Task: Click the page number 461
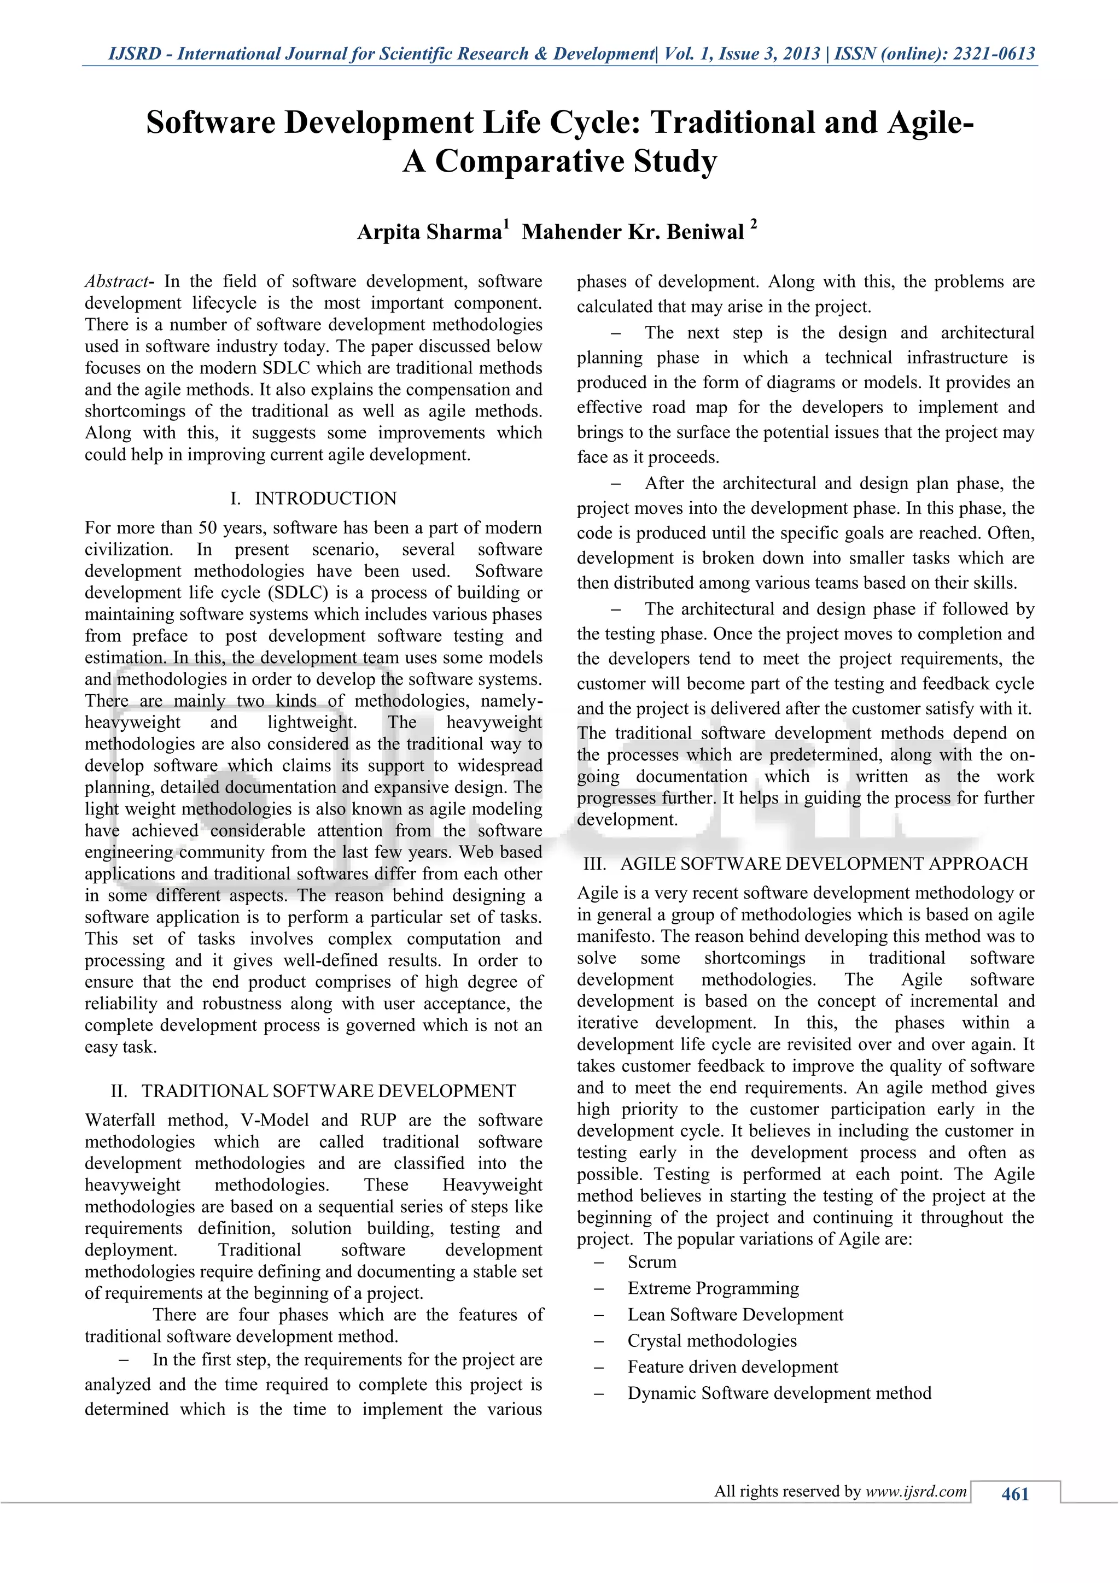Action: [x=1014, y=1494]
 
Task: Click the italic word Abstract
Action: [x=116, y=282]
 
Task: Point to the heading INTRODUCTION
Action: [x=325, y=499]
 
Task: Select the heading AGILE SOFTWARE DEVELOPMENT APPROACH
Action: [x=824, y=864]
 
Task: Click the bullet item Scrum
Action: [x=652, y=1262]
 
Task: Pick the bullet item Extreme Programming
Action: [x=713, y=1288]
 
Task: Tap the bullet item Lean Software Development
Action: [x=734, y=1315]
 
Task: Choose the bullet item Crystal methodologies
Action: [x=711, y=1341]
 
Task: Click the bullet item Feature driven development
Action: [x=732, y=1367]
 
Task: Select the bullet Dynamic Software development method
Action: [x=779, y=1393]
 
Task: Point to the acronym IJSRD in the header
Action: [x=135, y=54]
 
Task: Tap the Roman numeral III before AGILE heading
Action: [x=594, y=864]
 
